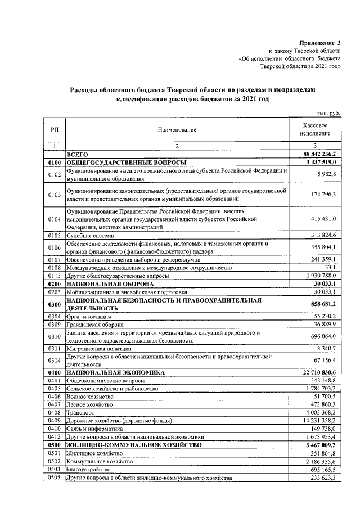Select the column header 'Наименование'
tap(177, 130)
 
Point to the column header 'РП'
tap(54, 130)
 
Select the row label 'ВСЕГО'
tap(78, 154)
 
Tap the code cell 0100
tap(54, 161)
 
